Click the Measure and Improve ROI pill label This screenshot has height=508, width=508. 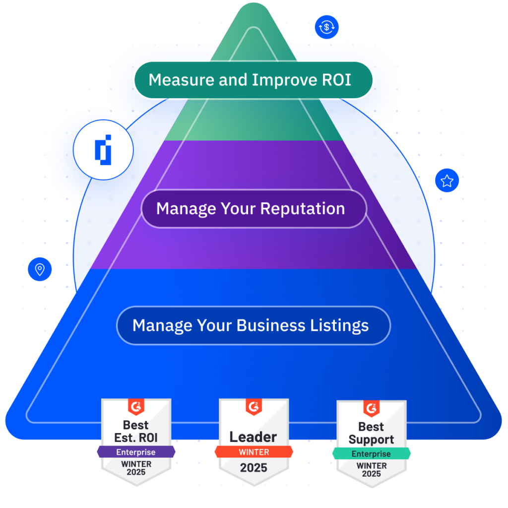pos(254,80)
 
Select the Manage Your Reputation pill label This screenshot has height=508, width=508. pos(254,209)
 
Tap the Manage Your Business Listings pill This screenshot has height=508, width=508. pos(254,325)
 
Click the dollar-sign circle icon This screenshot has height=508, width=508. pos(326,27)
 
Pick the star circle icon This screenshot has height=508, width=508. pos(447,181)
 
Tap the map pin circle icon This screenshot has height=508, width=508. pos(40,269)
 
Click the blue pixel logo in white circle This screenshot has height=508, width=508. pos(103,150)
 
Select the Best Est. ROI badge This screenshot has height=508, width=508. pos(136,442)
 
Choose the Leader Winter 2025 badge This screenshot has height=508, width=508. pos(254,442)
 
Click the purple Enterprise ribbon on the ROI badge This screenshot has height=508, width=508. pos(136,452)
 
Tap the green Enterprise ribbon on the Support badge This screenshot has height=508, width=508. pos(371,453)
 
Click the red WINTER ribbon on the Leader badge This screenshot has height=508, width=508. pos(254,452)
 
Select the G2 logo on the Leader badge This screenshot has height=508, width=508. pos(254,407)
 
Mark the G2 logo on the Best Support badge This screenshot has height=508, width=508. pos(371,409)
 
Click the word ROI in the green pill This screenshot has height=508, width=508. pos(336,80)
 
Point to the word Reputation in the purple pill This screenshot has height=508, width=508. pos(303,209)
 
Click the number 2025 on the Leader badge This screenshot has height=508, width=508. pos(254,468)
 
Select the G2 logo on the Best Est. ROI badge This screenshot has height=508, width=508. pos(136,407)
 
